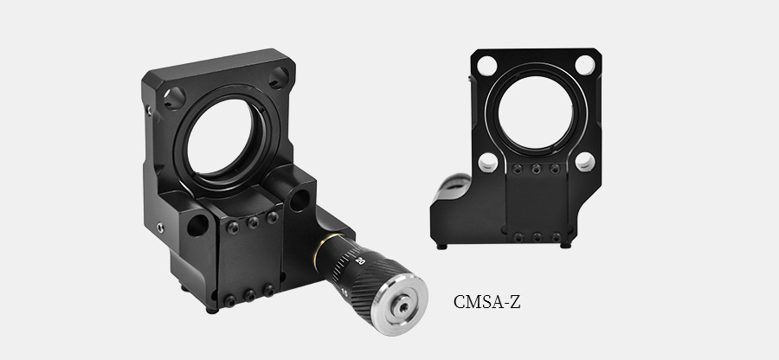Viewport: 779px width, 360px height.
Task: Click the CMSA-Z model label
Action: pos(486,302)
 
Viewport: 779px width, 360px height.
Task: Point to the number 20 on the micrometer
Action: pos(361,260)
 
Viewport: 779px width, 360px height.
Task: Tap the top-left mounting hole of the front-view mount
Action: pos(486,66)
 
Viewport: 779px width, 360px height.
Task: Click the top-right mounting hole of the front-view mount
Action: pos(585,65)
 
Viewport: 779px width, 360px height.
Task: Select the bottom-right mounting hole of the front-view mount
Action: pos(585,162)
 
